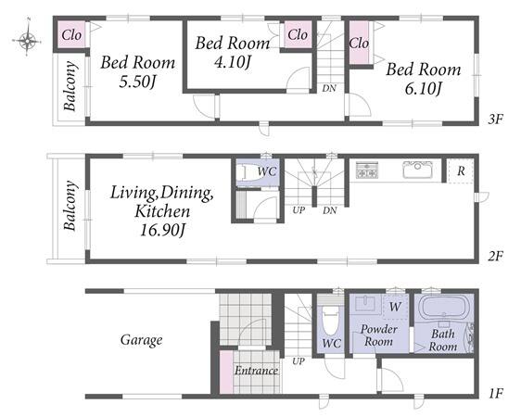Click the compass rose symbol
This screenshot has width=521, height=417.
pos(27,41)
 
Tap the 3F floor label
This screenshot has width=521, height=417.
pos(496,119)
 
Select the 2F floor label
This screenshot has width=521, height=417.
pos(496,256)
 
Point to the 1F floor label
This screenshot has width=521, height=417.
pos(496,394)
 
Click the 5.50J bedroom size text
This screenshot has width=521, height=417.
pos(137,82)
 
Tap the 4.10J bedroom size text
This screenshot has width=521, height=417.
pos(233,62)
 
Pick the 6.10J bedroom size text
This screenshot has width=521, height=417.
pos(424,89)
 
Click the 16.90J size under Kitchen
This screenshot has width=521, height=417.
pos(162,230)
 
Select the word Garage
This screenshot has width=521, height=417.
pos(142,340)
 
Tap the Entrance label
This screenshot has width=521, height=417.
pos(256,370)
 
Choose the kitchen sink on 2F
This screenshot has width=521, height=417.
pos(417,170)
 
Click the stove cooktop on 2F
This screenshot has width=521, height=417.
pos(367,170)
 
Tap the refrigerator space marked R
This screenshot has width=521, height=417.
pos(461,171)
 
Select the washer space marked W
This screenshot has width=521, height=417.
pos(395,307)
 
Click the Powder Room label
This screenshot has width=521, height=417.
pos(379,335)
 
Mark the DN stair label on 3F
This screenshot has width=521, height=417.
pos(329,88)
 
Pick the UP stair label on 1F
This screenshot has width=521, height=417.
pos(299,360)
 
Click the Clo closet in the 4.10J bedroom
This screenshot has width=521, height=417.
pos(298,34)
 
